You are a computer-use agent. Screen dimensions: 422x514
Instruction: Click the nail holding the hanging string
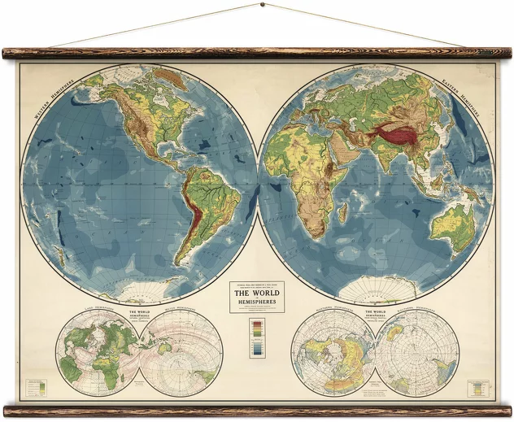262,6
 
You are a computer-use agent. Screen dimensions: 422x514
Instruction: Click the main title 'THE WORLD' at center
257,293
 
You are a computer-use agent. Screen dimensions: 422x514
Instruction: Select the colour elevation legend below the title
257,337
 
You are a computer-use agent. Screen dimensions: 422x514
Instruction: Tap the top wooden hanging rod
257,54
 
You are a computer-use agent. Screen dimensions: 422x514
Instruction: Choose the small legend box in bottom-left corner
37,389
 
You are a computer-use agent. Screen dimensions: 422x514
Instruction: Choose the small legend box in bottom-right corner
477,389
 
